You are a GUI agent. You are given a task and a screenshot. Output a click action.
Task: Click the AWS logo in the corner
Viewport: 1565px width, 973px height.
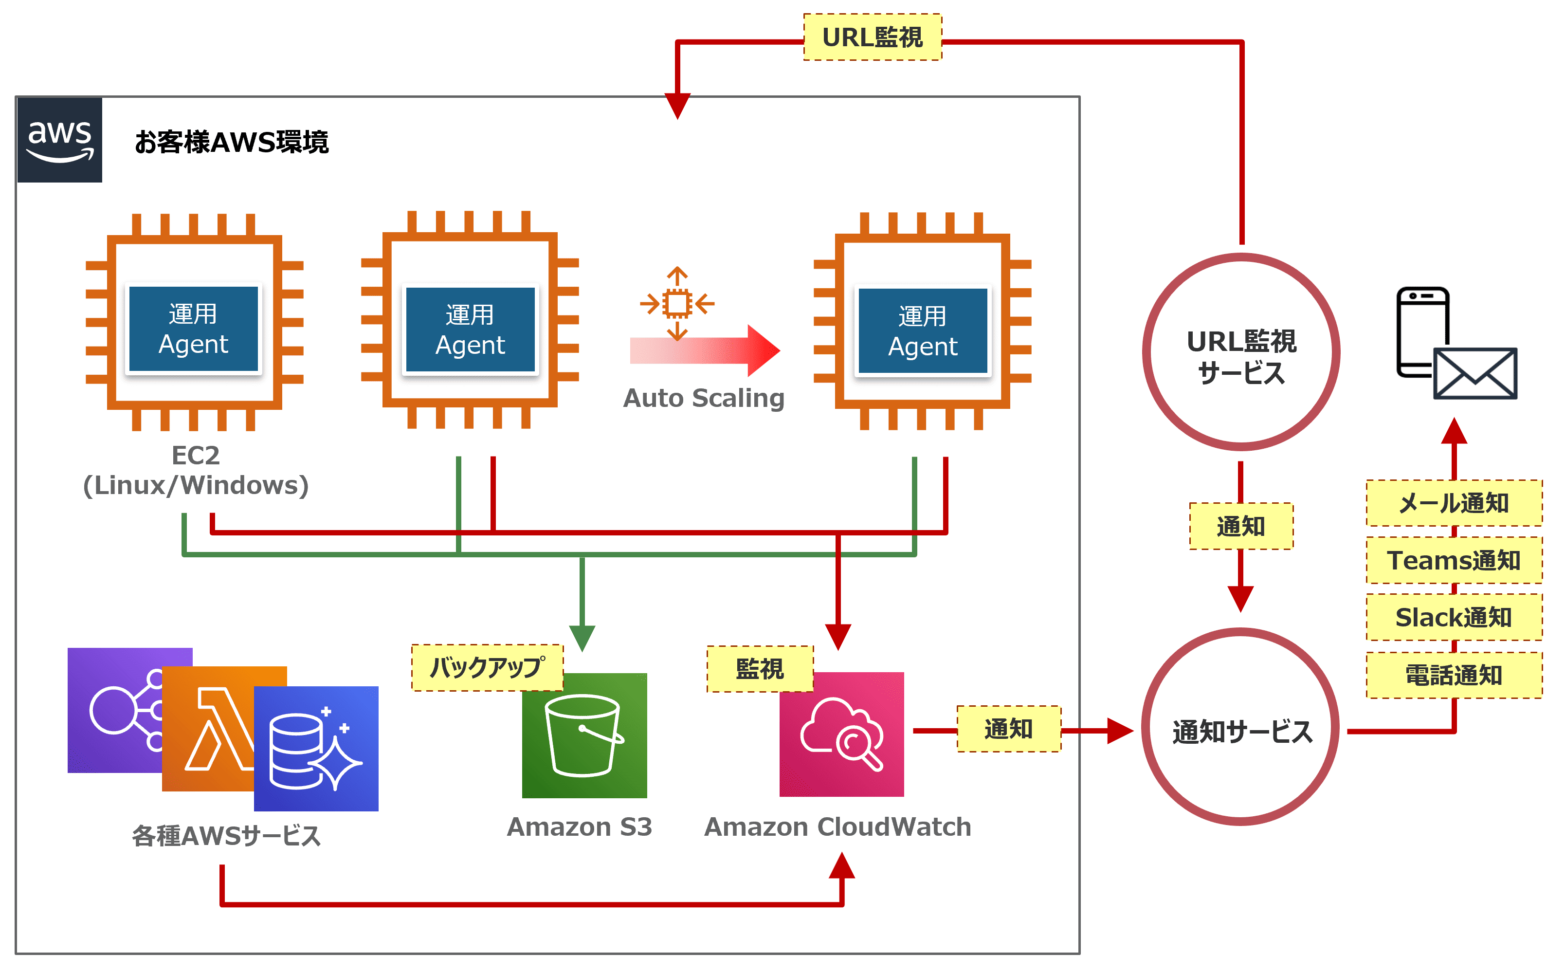tap(59, 140)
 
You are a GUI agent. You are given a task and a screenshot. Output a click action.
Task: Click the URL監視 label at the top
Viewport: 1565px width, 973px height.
tap(872, 37)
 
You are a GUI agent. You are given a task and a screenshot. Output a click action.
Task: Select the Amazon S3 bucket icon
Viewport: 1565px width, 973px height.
tap(583, 735)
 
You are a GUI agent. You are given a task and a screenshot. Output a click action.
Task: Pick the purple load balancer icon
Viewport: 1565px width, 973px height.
tap(116, 708)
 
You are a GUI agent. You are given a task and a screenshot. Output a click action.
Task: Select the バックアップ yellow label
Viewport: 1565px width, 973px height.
tap(487, 667)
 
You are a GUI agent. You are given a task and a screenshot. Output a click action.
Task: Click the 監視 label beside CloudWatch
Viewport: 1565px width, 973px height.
tap(760, 669)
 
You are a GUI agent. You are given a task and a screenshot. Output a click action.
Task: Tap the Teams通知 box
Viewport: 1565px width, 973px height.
tap(1453, 560)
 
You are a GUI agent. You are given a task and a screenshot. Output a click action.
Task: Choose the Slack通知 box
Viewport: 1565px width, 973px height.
tap(1453, 617)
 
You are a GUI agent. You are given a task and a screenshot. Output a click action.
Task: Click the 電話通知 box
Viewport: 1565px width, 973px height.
tap(1453, 675)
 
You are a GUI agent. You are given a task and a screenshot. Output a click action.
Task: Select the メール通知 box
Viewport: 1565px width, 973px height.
tap(1453, 503)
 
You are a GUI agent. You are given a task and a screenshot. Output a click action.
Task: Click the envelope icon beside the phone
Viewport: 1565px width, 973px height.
tap(1474, 373)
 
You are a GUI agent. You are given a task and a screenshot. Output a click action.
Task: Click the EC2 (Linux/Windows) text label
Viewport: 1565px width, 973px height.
tap(196, 470)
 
